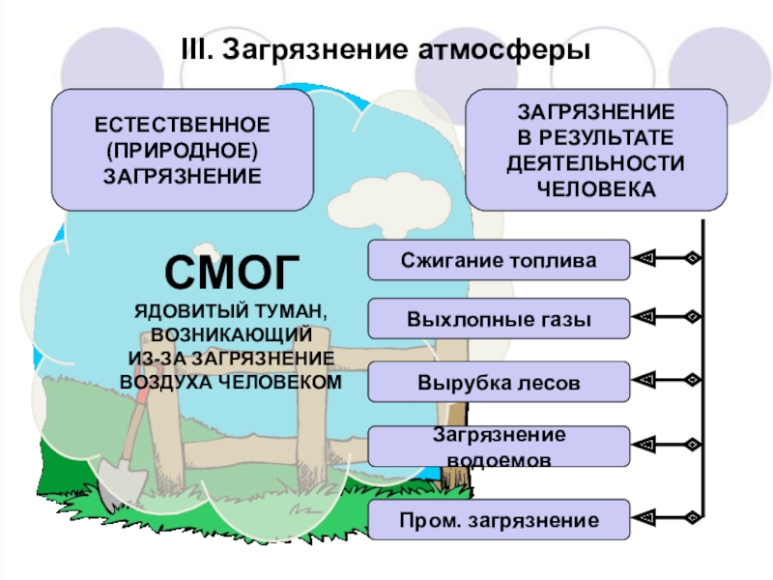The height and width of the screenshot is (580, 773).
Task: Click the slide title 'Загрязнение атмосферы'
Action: coord(406,48)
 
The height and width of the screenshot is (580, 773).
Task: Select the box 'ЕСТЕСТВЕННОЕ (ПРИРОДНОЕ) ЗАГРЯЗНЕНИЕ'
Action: coord(183,150)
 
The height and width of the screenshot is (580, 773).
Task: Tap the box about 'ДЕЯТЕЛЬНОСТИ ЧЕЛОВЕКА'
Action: coord(595,150)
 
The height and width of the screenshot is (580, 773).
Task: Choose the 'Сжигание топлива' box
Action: coord(499,260)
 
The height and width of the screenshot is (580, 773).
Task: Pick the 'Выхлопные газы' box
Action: coord(499,319)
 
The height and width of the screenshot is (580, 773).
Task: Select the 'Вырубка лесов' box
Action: coord(499,382)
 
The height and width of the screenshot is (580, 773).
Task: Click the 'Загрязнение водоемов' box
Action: coord(499,447)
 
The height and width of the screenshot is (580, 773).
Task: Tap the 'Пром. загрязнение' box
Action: coord(499,519)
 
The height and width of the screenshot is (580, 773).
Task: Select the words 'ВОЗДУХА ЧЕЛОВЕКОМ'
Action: coord(231,381)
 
